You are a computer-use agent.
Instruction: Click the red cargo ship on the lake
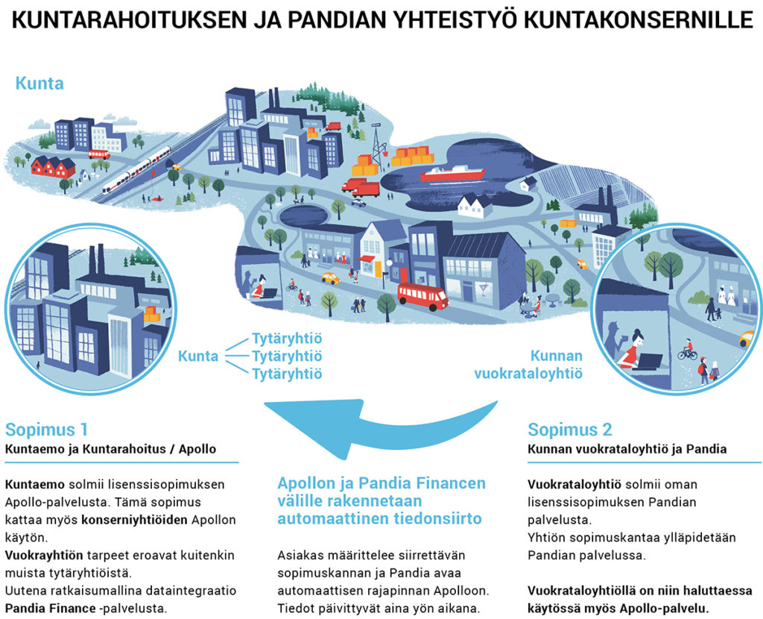tap(452, 173)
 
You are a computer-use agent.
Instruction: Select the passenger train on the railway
tap(137, 169)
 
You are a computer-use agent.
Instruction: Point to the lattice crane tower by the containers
tap(376, 144)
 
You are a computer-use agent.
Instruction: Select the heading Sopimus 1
tap(47, 430)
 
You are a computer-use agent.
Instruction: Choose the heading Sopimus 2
tap(570, 430)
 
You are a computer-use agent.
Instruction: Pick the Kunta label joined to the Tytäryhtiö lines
tap(198, 356)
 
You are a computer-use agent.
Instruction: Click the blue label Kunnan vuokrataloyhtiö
tap(528, 364)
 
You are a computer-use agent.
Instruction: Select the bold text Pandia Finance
tap(50, 609)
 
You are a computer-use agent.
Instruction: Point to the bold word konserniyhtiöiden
tap(134, 520)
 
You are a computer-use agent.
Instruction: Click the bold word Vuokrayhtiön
tap(44, 555)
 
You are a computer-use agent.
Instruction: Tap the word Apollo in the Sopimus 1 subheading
tap(197, 449)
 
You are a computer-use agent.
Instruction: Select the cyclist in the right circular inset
tap(686, 349)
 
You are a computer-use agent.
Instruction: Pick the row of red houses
tap(54, 166)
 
